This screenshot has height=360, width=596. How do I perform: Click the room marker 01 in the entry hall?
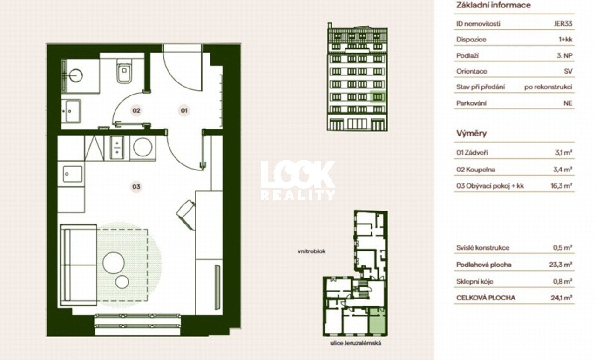click(x=184, y=110)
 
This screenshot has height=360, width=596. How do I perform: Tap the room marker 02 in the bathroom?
click(x=136, y=110)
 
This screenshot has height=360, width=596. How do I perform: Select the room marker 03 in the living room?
click(x=136, y=186)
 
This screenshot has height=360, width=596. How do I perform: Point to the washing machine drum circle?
click(x=143, y=147)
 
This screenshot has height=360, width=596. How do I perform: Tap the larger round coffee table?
click(x=114, y=263)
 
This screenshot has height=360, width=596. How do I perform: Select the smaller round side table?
click(x=122, y=282)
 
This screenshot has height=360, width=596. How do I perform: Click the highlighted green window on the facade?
click(x=378, y=97)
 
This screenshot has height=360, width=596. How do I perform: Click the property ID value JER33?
click(x=563, y=24)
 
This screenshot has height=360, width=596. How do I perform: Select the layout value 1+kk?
click(x=565, y=40)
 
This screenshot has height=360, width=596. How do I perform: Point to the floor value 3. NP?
click(x=565, y=55)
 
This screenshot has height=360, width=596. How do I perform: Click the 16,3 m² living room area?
click(x=562, y=186)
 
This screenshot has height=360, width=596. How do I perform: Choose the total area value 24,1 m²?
click(x=562, y=298)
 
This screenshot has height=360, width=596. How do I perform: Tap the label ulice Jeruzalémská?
click(x=355, y=343)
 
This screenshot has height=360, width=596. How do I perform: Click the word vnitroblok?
click(x=312, y=251)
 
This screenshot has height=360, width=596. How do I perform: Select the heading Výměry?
click(x=472, y=133)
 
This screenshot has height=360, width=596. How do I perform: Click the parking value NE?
click(x=568, y=103)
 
